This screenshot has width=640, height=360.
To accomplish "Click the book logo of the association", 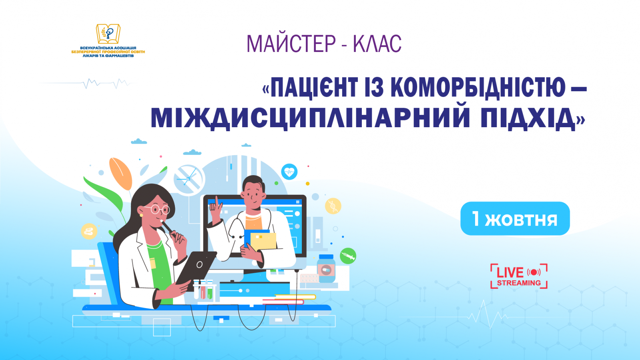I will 108,34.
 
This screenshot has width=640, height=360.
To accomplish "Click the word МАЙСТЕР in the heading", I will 291,44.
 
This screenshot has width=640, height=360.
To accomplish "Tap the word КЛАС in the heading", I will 377,44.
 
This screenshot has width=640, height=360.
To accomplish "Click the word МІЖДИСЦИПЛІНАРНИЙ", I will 310,118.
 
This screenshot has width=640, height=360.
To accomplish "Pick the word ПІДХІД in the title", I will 528,118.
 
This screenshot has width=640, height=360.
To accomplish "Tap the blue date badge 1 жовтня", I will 515,218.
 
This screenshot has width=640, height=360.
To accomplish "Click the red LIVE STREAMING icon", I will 519,276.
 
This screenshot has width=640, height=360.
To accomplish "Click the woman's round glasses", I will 158,209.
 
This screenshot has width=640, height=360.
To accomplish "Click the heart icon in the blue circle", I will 289,172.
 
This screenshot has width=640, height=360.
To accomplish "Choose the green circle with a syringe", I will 348,256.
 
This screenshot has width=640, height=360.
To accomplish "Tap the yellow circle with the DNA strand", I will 333,206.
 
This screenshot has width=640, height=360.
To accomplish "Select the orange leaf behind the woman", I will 120,174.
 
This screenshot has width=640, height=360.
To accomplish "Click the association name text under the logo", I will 108,52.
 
